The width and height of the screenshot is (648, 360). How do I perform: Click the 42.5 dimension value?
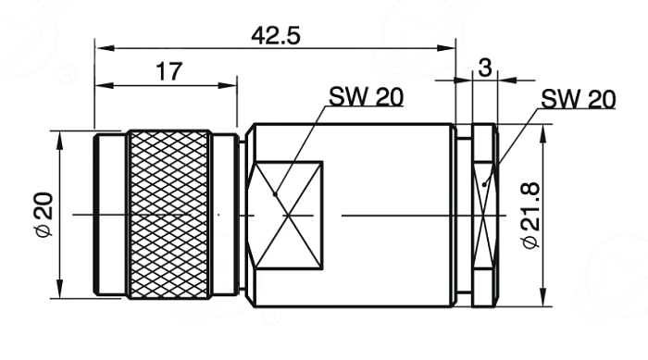[276, 35]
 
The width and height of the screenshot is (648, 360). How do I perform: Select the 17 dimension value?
[169, 71]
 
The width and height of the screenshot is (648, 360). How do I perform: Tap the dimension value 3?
[485, 68]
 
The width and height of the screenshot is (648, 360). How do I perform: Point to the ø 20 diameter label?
[44, 214]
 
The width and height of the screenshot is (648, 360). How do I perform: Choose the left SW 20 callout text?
[366, 97]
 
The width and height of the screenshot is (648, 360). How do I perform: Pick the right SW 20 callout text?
[579, 99]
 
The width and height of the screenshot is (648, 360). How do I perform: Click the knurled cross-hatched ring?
[168, 215]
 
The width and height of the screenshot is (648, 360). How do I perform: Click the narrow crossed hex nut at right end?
[484, 215]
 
